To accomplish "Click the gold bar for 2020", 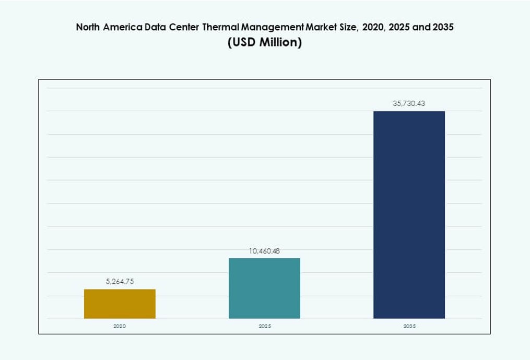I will click(120, 304).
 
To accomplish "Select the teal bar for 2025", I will click(264, 288).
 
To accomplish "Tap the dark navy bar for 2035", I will click(409, 214).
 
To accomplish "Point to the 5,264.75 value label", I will click(120, 281).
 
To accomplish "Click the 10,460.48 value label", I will click(264, 251).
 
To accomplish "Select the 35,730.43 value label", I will click(409, 104).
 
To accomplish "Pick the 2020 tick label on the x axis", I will click(120, 326).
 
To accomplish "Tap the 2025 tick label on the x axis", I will click(264, 326).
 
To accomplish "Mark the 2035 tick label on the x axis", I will click(409, 326).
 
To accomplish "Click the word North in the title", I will click(88, 28).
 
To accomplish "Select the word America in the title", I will click(124, 28).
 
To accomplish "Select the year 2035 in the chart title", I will click(436, 28).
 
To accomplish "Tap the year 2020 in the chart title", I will click(373, 28).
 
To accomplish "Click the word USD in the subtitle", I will click(243, 42).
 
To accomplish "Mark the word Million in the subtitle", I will click(280, 42).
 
